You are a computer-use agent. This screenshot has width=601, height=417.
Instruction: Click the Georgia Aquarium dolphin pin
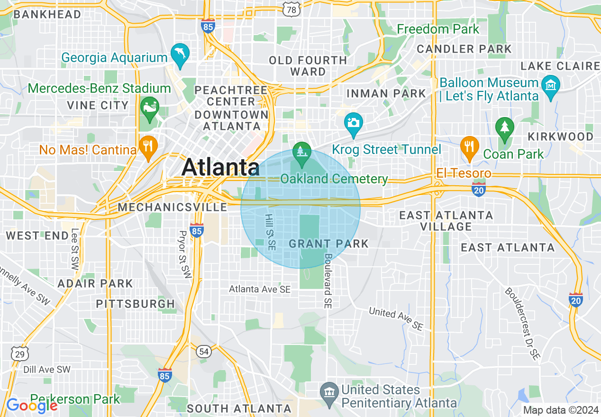point(180,54)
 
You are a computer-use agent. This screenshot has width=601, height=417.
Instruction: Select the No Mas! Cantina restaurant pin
point(148,146)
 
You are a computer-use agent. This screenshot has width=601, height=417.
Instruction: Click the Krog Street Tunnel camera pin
point(354,123)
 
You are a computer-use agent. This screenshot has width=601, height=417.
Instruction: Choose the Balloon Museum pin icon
point(551,86)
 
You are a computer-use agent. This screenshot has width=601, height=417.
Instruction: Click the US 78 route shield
point(292,9)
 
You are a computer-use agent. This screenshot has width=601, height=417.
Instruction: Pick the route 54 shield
point(204,351)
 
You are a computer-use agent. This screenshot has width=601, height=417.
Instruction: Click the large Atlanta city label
point(220,167)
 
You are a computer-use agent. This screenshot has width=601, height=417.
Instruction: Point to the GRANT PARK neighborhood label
point(328,244)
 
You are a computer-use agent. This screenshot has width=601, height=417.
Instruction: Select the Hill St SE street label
point(270,231)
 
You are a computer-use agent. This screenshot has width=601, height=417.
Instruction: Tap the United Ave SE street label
point(395,318)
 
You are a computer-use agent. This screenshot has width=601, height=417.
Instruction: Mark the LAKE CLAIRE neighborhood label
point(560,66)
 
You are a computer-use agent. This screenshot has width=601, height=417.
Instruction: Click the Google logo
point(31,405)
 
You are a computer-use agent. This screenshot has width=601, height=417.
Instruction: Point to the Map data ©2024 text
point(559,409)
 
